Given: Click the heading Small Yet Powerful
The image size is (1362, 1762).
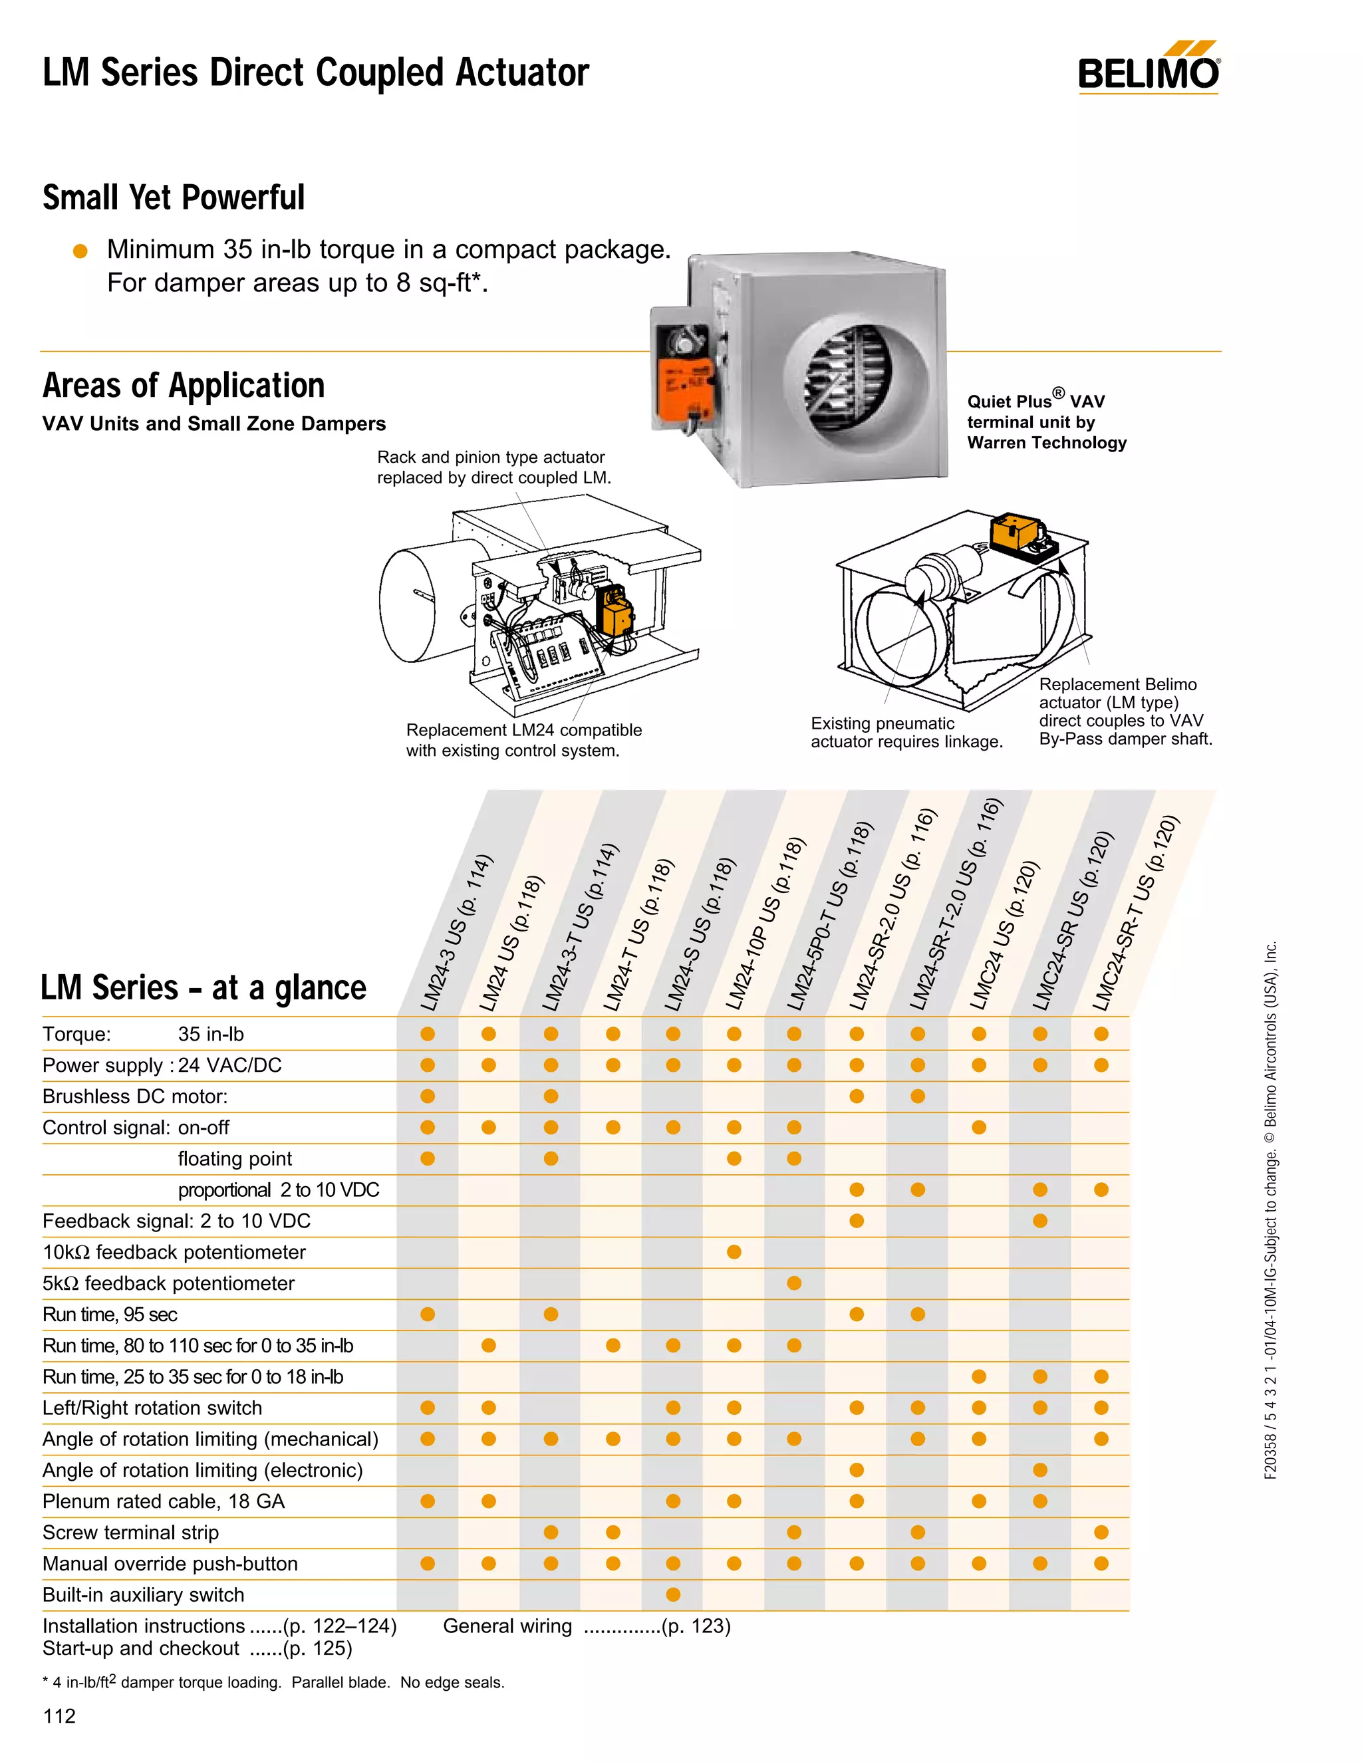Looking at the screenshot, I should [x=174, y=197].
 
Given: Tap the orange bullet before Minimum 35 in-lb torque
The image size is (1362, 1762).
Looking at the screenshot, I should [x=80, y=251].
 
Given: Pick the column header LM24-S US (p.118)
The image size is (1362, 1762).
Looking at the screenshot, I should [x=700, y=934].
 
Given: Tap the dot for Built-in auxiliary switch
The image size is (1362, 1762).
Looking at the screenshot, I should [x=674, y=1594].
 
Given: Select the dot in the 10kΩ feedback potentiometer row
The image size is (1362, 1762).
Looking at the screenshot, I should [x=734, y=1252].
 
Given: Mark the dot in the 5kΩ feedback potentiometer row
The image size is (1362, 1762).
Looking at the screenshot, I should [x=795, y=1283].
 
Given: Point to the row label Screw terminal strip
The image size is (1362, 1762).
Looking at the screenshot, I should [x=131, y=1532].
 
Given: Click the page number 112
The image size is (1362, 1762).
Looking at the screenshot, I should [x=59, y=1716].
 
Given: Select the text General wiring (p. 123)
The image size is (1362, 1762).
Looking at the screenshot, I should [x=587, y=1626].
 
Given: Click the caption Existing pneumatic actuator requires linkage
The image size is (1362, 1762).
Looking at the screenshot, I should [x=906, y=733].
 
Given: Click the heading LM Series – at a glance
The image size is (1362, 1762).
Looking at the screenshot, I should [x=204, y=987].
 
